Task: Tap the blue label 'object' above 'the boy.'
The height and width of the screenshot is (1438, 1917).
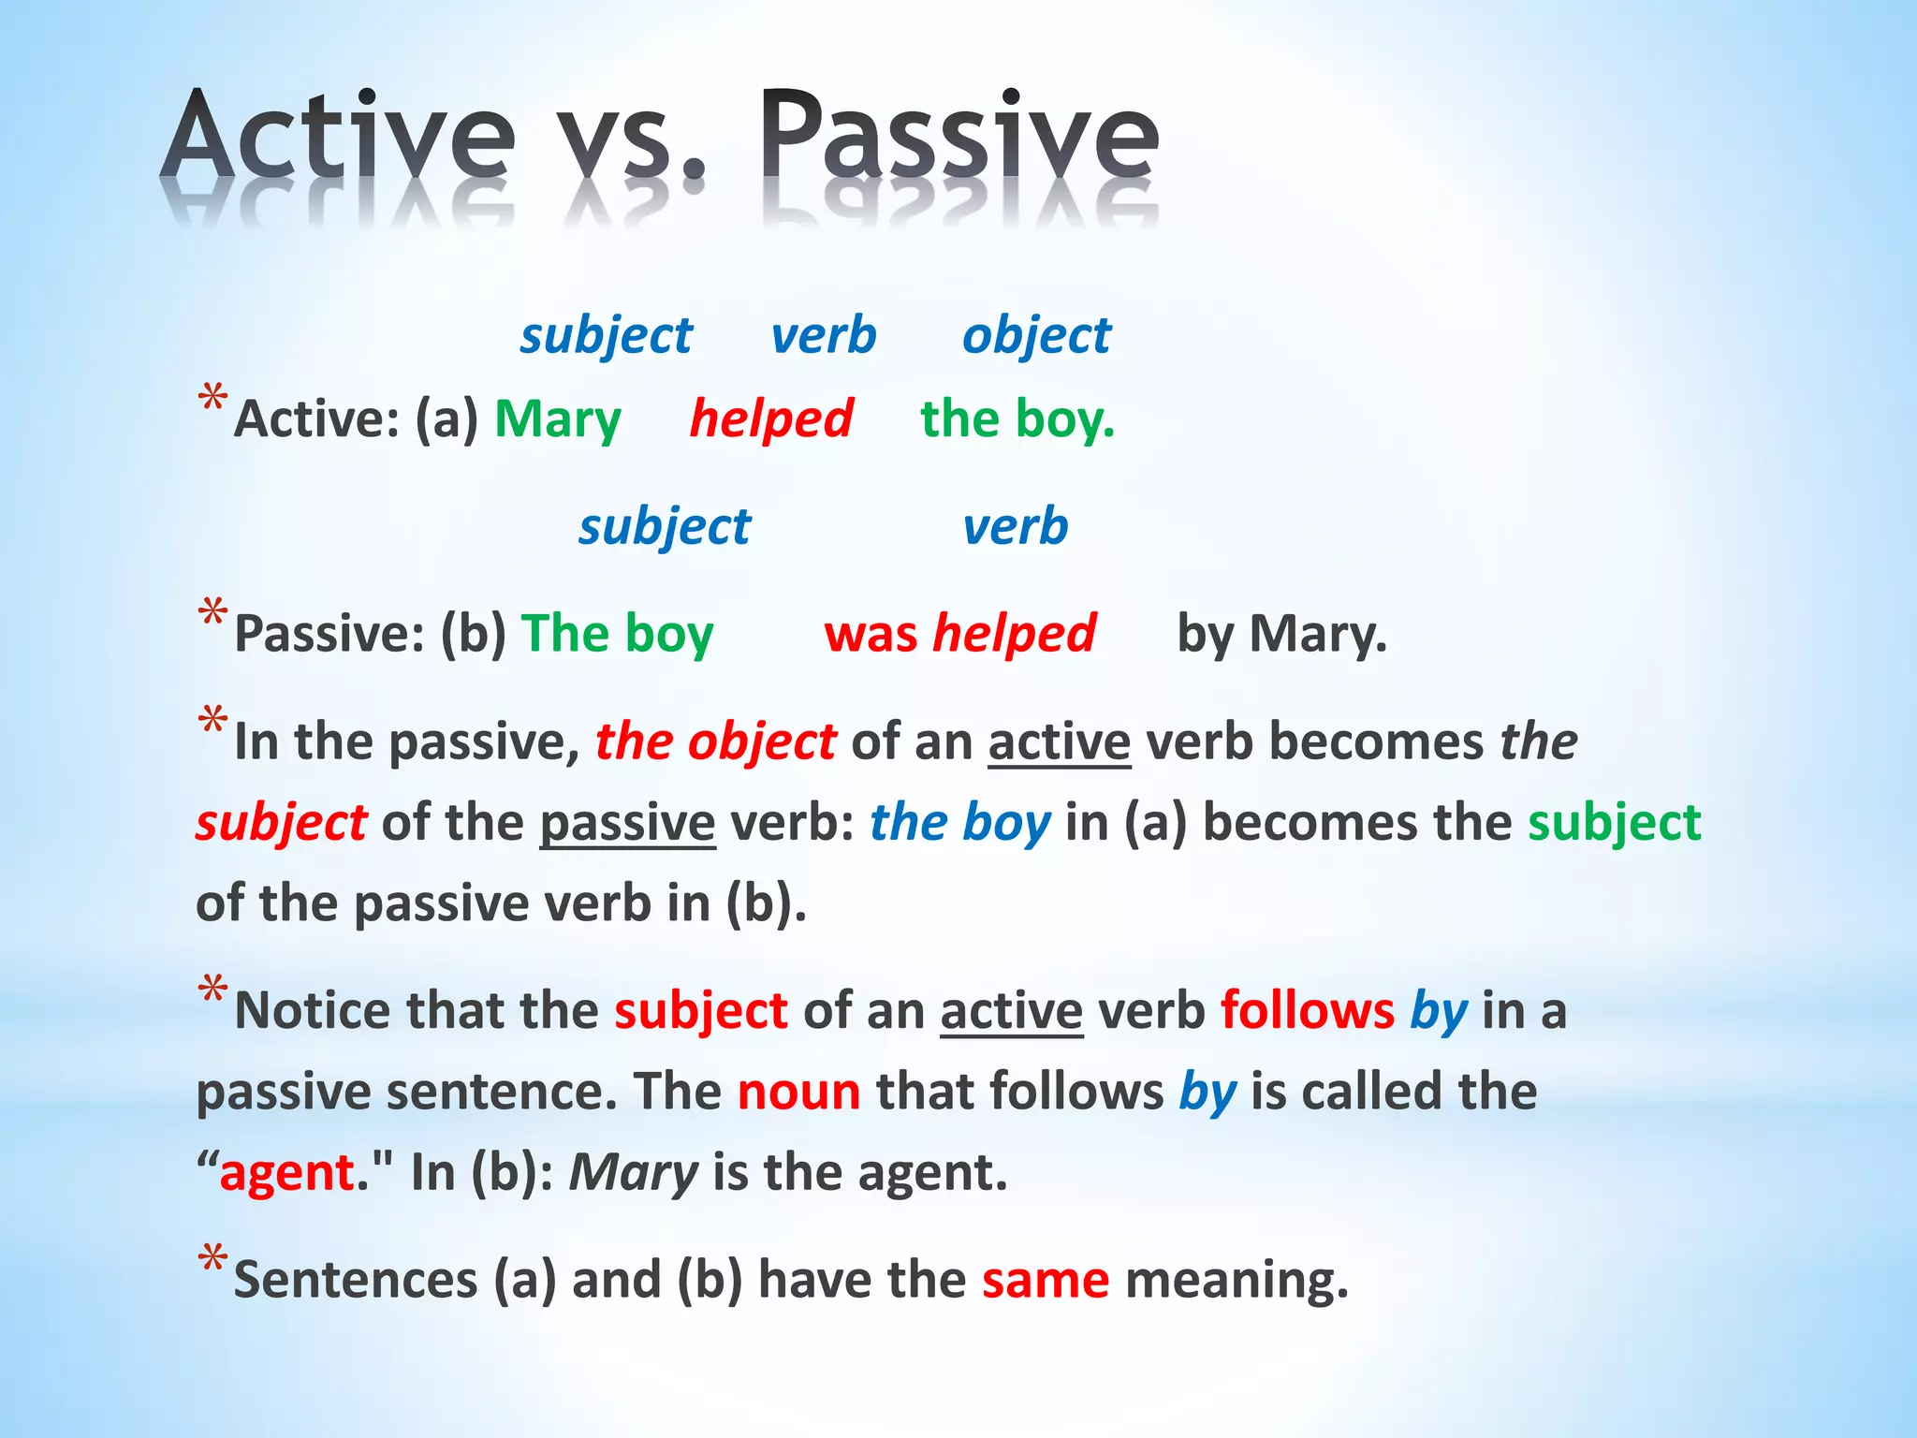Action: click(x=1036, y=335)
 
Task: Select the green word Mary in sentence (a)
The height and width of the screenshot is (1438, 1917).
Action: click(x=557, y=418)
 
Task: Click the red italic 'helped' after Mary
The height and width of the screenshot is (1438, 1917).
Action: click(x=770, y=418)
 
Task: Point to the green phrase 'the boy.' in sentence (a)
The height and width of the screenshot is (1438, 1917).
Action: click(x=1017, y=418)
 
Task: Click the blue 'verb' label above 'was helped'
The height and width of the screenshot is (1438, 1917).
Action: click(x=1016, y=525)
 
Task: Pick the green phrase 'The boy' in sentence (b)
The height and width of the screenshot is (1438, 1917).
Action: click(x=617, y=634)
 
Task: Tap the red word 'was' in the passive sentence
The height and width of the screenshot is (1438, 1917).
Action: click(x=871, y=634)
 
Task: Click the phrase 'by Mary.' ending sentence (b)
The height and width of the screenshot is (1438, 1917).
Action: click(x=1281, y=634)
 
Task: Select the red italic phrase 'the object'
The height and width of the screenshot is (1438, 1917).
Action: click(x=715, y=741)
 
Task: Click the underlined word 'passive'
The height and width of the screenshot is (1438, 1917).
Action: click(x=627, y=823)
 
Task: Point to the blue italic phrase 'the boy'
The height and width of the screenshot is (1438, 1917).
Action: click(x=959, y=823)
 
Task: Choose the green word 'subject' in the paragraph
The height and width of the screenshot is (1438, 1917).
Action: click(x=1614, y=823)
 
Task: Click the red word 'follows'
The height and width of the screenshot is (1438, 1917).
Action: click(x=1307, y=1010)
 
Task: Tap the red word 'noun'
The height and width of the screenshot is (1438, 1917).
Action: click(x=798, y=1092)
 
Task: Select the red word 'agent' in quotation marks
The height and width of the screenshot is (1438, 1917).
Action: click(x=286, y=1172)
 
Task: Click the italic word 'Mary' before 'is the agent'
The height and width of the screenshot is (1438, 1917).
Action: click(x=634, y=1172)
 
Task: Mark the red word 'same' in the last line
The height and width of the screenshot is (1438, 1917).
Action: click(x=1046, y=1280)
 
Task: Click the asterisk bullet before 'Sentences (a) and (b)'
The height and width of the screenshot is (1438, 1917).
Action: click(x=212, y=1258)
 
